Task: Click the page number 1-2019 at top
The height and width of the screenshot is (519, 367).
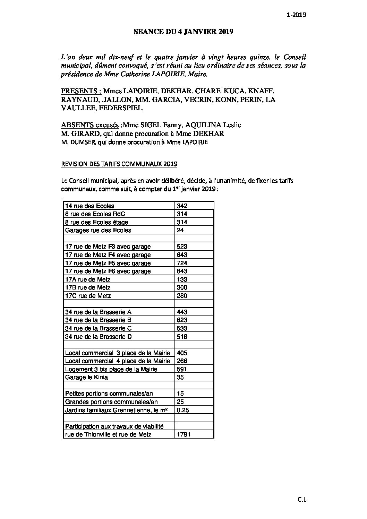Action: pos(297,15)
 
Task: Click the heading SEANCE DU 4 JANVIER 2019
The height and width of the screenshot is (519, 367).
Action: pos(183,32)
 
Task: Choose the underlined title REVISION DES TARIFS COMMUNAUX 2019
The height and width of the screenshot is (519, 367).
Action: pos(119,164)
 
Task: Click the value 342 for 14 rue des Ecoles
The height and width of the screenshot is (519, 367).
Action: pos(182,206)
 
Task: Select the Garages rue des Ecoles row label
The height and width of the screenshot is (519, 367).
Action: pos(98,230)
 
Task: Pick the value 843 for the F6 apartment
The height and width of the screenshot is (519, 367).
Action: pos(182,271)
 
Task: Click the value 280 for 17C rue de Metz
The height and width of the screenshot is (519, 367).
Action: pos(182,296)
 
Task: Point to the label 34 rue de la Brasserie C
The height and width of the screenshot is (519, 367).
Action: pos(98,328)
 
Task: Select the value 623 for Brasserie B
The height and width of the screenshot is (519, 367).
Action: pos(182,320)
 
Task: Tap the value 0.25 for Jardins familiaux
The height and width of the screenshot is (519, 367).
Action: pos(183,410)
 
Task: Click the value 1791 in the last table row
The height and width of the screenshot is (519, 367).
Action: pos(183,434)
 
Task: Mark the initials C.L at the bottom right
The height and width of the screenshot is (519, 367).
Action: pos(302,500)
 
